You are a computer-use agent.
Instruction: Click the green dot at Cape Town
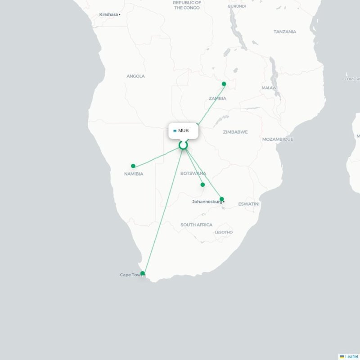point(143,273)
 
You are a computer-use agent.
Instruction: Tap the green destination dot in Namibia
point(133,166)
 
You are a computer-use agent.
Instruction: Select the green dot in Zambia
point(224,84)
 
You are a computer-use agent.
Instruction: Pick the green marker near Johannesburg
point(221,199)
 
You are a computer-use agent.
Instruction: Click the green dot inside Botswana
point(202,184)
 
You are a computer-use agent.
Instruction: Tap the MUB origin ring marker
point(183,145)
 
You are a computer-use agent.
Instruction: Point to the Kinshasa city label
point(108,14)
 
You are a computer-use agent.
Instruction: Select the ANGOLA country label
point(135,76)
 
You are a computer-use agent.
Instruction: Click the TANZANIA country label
point(285,31)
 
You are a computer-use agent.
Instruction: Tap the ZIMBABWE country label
point(235,132)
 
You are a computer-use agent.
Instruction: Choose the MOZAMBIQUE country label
point(278,139)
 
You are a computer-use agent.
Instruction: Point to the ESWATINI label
point(249,204)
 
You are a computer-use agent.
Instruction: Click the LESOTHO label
point(224,232)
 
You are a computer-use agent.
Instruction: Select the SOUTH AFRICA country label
point(196,225)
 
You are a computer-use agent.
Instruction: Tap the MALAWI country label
point(270,88)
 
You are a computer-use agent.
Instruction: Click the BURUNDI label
point(237,6)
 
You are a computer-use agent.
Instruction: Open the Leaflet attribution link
point(351,356)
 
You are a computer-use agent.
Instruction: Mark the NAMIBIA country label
point(134,174)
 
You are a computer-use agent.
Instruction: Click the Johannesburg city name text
point(207,202)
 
